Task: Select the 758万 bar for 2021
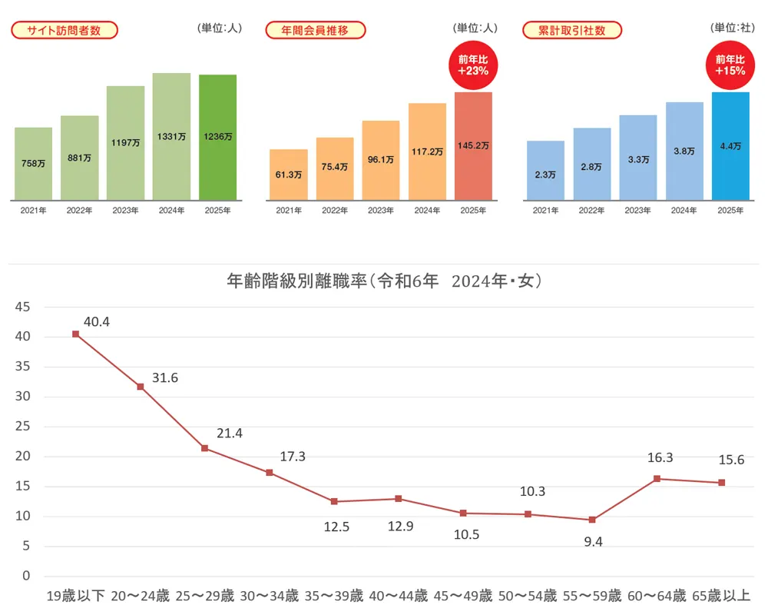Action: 33,163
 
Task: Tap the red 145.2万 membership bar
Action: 473,145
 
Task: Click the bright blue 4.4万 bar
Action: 730,146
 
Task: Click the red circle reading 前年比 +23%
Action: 473,64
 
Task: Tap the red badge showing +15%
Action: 730,64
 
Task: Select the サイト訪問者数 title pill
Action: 65,30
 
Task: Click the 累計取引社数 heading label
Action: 572,30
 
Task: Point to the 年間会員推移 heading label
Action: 316,30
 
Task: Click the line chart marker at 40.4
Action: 75,334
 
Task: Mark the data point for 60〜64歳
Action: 657,478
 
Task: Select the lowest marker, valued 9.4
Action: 592,520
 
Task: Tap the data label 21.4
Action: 229,434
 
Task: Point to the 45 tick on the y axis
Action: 22,307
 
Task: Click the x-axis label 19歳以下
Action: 75,596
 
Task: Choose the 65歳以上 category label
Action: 722,596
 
